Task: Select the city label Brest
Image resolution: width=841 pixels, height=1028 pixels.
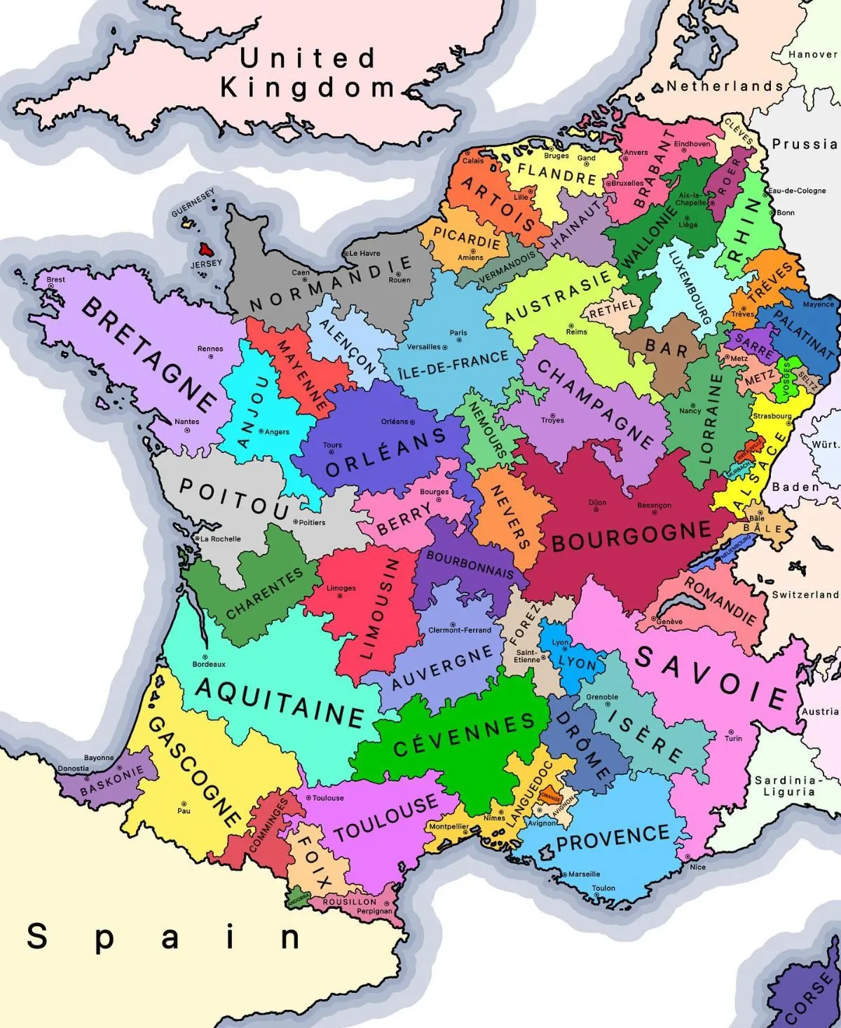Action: coord(56,279)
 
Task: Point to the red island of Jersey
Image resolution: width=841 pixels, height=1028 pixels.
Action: coord(206,249)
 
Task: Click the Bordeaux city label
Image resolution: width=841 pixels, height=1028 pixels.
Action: coord(209,664)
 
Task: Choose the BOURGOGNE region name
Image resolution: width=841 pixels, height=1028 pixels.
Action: coord(631,536)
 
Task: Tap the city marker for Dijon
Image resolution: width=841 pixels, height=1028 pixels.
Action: coord(597,510)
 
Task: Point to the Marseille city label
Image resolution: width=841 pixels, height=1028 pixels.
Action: coord(584,874)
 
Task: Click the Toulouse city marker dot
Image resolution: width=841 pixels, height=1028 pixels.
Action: coord(308,798)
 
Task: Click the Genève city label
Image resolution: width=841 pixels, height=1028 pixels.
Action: coord(669,621)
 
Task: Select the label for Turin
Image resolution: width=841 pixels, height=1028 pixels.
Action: coord(733,738)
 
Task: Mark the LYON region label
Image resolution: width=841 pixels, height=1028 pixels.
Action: coord(577,663)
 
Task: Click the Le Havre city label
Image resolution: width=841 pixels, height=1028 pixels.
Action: coord(364,253)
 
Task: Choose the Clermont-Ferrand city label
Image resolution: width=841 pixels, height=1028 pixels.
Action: coord(460,630)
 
